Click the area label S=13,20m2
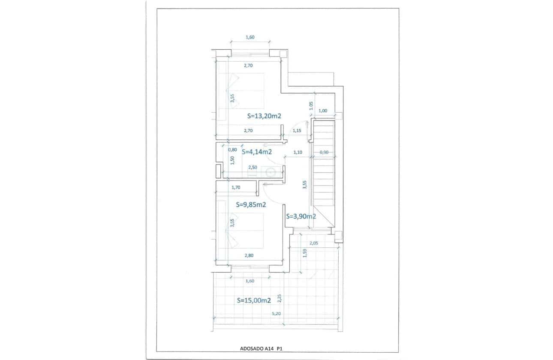(x=264, y=116)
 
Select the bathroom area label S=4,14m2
(x=257, y=151)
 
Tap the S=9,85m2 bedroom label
(x=251, y=205)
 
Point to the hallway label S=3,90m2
(x=301, y=216)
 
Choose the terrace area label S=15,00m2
(x=254, y=301)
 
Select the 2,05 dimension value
(x=314, y=243)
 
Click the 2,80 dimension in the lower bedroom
(x=249, y=255)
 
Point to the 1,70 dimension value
(x=235, y=187)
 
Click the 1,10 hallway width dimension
(x=298, y=152)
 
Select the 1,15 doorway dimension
(x=297, y=130)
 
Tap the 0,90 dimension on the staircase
(x=324, y=152)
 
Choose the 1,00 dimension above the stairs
(x=323, y=111)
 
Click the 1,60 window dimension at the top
(x=250, y=37)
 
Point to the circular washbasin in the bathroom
(x=270, y=172)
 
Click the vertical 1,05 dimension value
(x=311, y=104)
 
